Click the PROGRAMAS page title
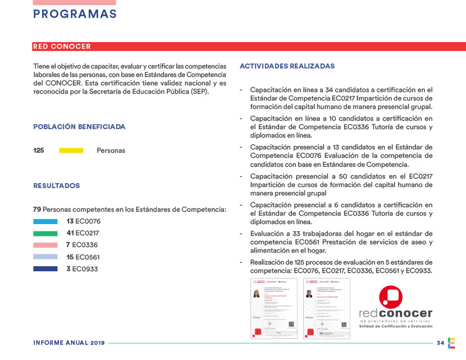(x=75, y=15)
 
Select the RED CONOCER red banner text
(x=62, y=47)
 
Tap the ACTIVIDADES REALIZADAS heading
(x=287, y=66)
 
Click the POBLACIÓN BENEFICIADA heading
(x=79, y=127)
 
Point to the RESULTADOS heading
(x=56, y=185)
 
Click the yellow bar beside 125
(x=71, y=151)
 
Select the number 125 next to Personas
(x=38, y=151)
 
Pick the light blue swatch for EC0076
(x=45, y=221)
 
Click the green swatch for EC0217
(x=45, y=233)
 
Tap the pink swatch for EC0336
(x=45, y=245)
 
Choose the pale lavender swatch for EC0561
(x=45, y=257)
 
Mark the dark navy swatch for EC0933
(x=45, y=268)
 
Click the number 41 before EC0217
(x=70, y=233)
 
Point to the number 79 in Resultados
(x=37, y=209)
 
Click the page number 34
(x=440, y=343)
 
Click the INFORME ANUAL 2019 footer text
(x=69, y=343)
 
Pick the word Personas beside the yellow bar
(x=111, y=151)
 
